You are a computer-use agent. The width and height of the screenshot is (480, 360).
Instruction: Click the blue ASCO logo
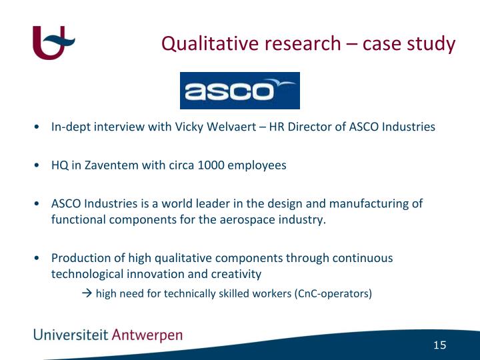(240, 91)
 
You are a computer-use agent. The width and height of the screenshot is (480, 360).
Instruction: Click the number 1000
(211, 165)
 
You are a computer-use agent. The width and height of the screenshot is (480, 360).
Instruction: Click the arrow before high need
(87, 293)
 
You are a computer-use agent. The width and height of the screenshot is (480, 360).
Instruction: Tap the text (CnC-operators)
(333, 293)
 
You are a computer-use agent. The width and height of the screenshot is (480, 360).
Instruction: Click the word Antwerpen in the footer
(147, 335)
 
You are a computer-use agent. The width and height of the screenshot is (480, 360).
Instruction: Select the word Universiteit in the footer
(71, 335)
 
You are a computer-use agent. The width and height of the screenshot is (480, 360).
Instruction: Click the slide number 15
(439, 345)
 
